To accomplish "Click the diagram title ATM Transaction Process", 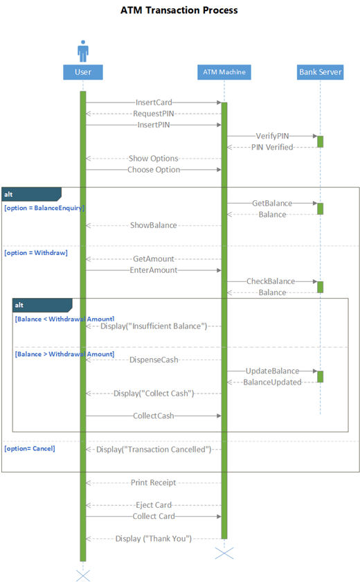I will point(179,10).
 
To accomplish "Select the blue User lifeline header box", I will point(83,71).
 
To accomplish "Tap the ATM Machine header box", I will point(224,71).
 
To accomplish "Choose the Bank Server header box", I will point(320,71).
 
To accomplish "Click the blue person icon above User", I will point(83,51).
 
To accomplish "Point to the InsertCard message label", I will point(154,103).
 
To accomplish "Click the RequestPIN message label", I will point(154,114).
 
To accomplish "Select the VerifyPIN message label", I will point(272,136).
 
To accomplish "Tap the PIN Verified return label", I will point(272,147).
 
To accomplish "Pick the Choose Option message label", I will point(154,169).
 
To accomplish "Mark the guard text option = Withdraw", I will point(36,253).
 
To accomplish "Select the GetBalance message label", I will point(272,204).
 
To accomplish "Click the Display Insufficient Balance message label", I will point(154,326).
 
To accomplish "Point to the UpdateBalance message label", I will point(272,371).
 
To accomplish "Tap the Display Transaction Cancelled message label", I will point(154,450).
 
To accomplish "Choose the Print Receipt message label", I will point(154,483).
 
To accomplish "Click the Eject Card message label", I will point(154,505).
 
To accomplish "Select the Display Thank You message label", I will point(154,538).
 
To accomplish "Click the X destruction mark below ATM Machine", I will point(224,552).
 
